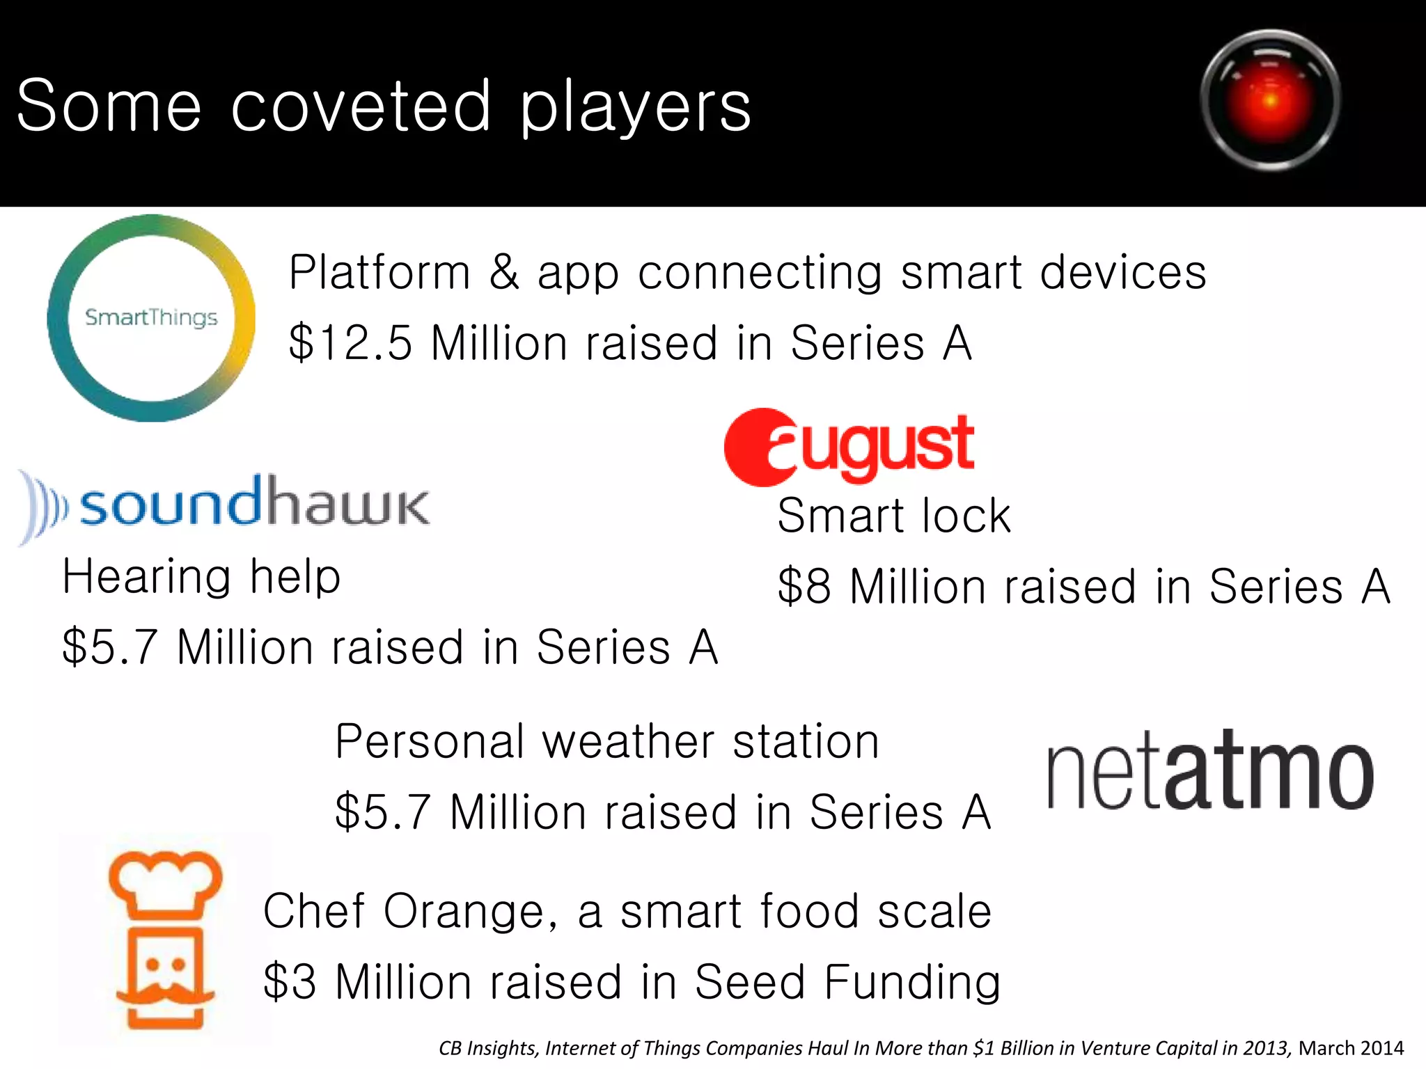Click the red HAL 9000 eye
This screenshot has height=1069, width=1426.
coord(1271,100)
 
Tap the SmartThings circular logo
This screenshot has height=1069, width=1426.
coord(151,318)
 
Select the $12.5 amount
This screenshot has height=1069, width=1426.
coord(351,343)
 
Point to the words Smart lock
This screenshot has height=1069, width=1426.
coord(894,516)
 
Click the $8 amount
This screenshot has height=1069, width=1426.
coord(804,587)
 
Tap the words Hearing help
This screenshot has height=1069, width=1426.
coord(201,577)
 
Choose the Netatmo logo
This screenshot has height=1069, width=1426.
coord(1210,771)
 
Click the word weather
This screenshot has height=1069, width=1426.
coord(628,742)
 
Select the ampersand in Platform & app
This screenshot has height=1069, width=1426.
coord(504,272)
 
